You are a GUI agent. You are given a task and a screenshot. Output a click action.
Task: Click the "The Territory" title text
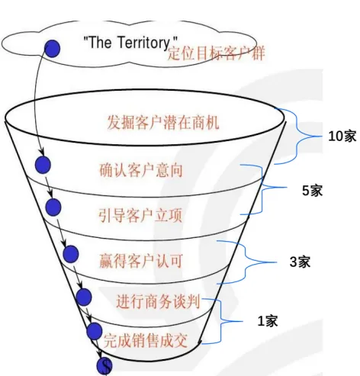[x=130, y=42]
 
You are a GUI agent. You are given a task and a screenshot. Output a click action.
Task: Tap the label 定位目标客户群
[x=216, y=53]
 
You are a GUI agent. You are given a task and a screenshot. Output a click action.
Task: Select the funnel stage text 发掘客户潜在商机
[x=163, y=123]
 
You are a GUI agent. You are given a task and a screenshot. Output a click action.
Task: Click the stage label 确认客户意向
[x=141, y=170]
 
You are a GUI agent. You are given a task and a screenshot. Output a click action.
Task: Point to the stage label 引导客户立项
[x=140, y=216]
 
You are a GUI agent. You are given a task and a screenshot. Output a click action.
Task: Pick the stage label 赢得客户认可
[x=141, y=261]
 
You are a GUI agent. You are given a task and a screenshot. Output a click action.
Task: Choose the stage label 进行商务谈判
[x=158, y=302]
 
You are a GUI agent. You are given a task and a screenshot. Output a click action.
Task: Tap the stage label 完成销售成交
[x=146, y=340]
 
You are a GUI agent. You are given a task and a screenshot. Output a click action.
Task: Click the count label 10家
[x=342, y=137]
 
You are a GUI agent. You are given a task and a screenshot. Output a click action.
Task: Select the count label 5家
[x=312, y=191]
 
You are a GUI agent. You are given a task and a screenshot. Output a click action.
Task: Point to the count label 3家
[x=300, y=262]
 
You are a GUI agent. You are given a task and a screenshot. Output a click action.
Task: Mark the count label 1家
[x=268, y=321]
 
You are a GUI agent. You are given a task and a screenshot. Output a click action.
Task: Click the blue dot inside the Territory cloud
[x=52, y=49]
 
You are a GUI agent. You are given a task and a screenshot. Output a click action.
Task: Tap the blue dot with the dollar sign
[x=104, y=366]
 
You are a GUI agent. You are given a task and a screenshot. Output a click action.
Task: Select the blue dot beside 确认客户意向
[x=43, y=165]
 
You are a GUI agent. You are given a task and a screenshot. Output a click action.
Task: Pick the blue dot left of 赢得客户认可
[x=71, y=254]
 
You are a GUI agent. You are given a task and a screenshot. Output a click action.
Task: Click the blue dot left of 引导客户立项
[x=53, y=207]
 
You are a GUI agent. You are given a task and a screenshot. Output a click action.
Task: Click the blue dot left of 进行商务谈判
[x=84, y=297]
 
